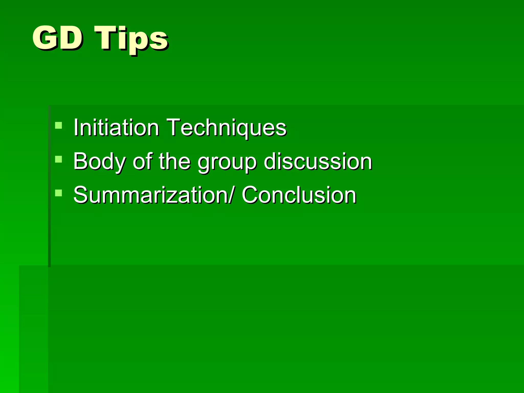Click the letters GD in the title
[x=58, y=38]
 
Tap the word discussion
[x=318, y=161]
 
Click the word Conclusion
[x=299, y=195]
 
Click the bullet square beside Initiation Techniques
[x=59, y=125]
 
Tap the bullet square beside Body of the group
[x=59, y=159]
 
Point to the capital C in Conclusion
[x=250, y=195]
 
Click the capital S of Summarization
[x=81, y=195]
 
